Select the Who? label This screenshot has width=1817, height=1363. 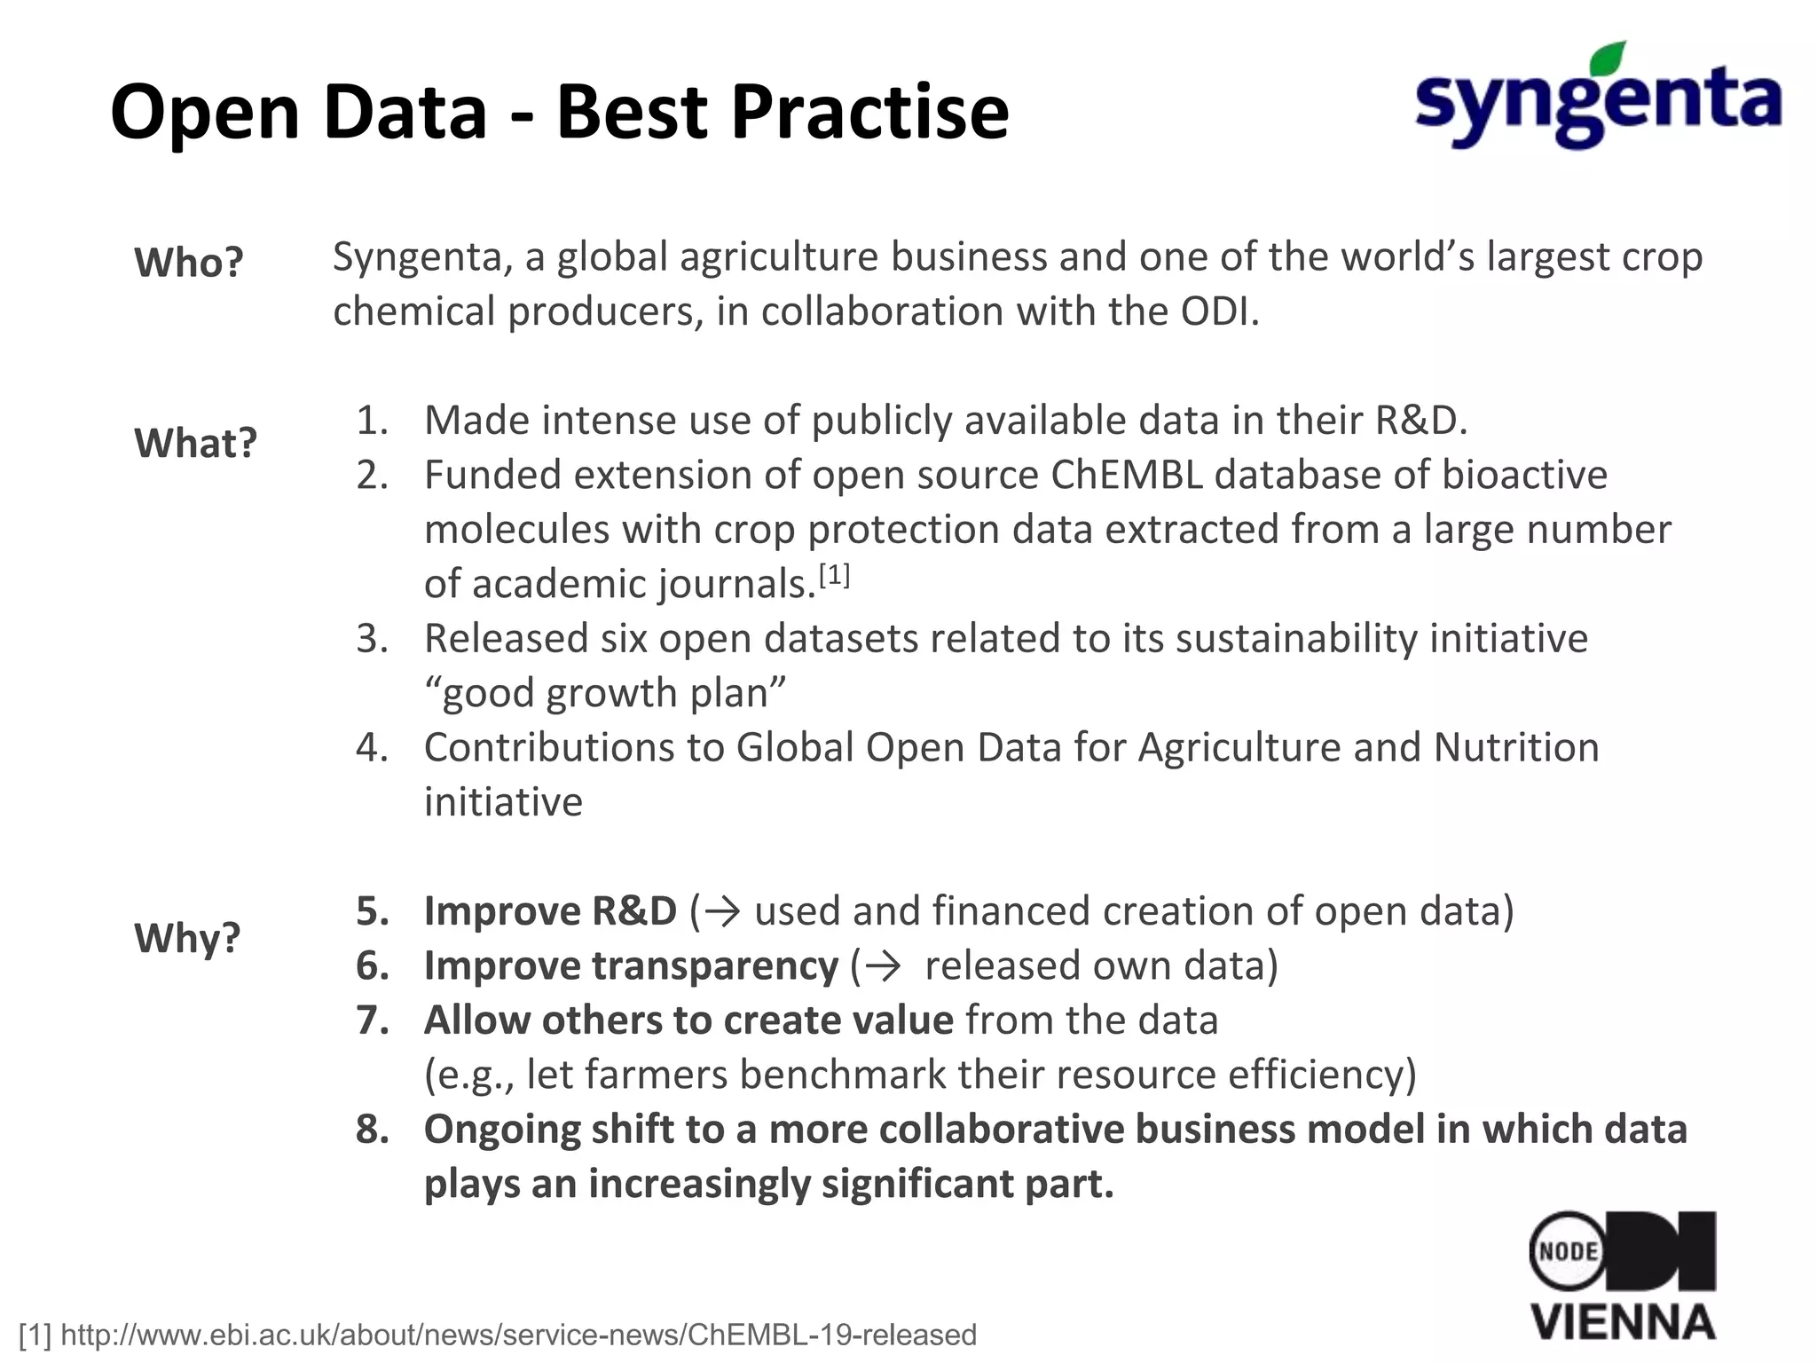[188, 263]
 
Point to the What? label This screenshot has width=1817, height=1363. [195, 443]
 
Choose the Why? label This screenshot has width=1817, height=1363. [187, 937]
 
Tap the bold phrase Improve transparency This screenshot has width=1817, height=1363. [631, 965]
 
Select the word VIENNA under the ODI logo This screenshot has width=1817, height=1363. [1623, 1322]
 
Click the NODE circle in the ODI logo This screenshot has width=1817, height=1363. [1568, 1251]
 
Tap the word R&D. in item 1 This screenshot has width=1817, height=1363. [1420, 421]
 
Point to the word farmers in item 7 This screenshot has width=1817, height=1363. [656, 1075]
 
